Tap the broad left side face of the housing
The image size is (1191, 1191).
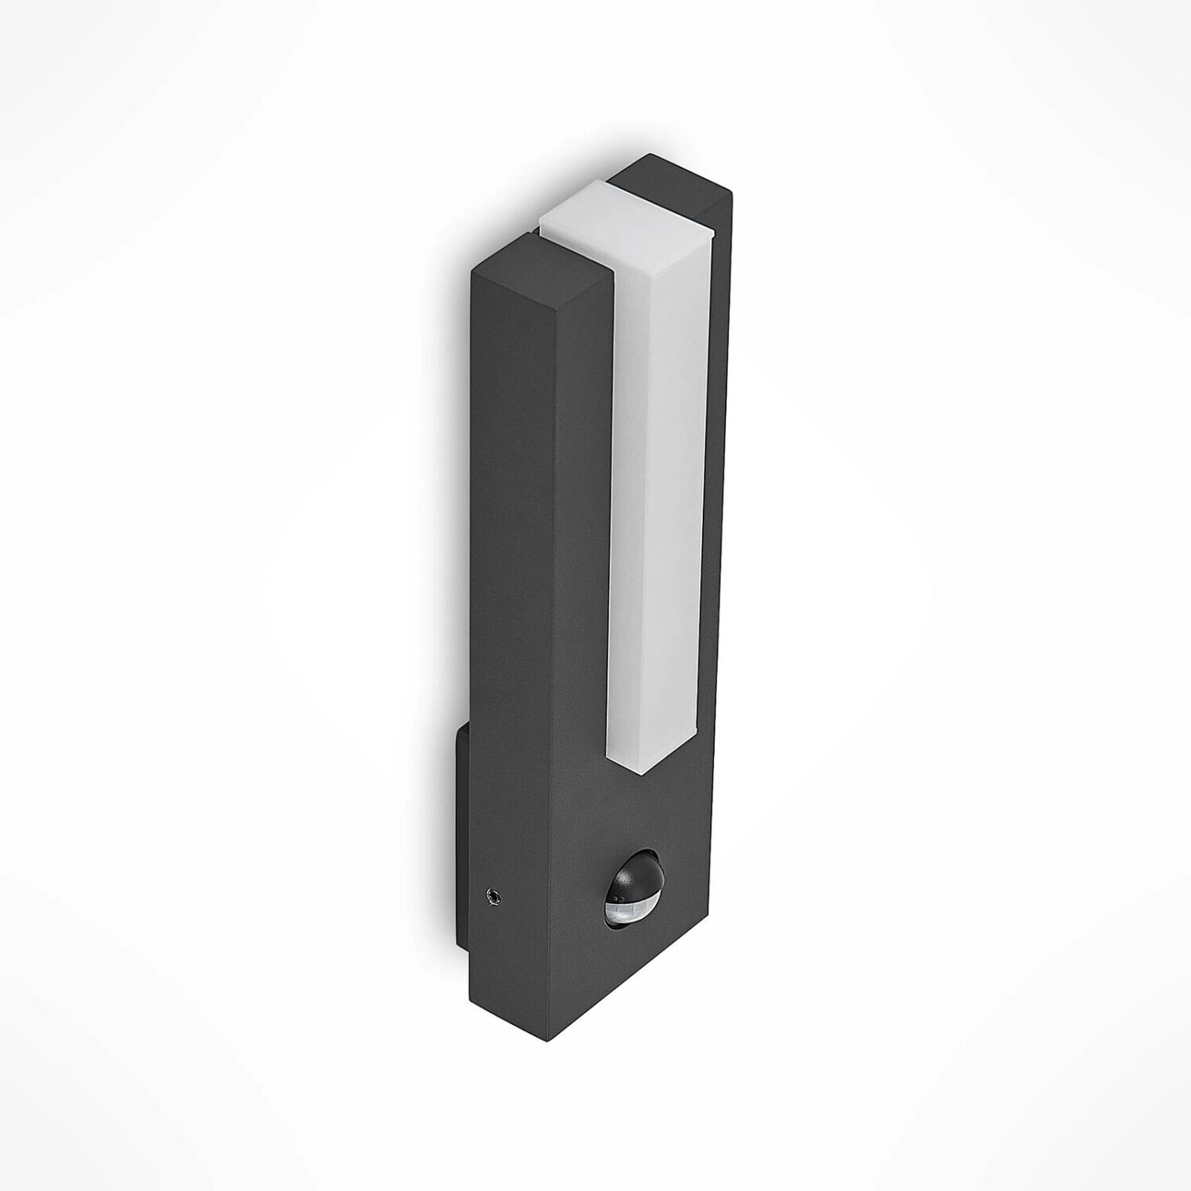click(x=516, y=635)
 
